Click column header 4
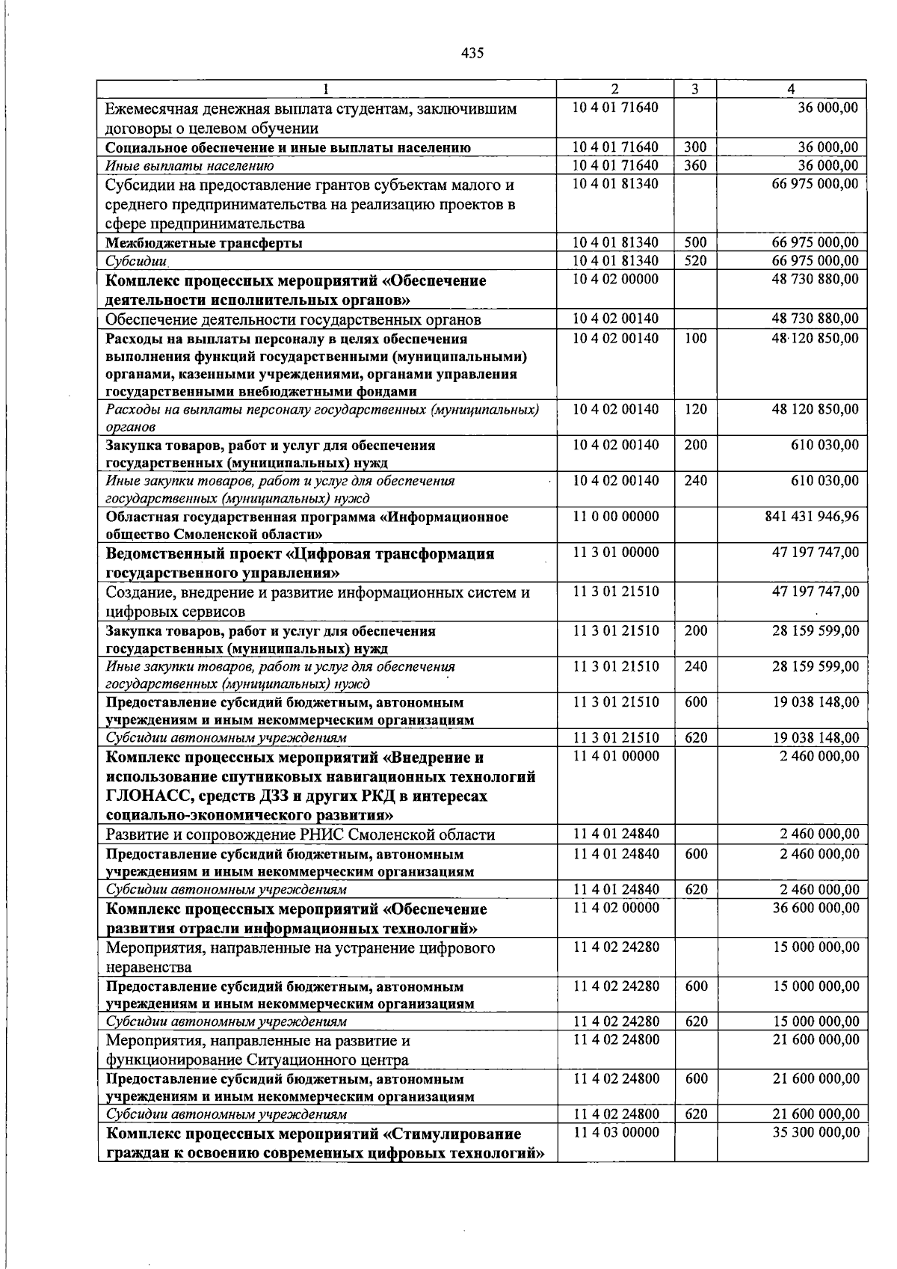click(x=791, y=89)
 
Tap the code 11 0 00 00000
click(x=616, y=517)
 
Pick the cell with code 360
click(x=695, y=166)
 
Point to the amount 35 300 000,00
click(x=816, y=1133)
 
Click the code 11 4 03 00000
click(x=616, y=1133)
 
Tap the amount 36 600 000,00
click(x=816, y=909)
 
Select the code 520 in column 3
click(x=695, y=261)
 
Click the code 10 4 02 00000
click(x=616, y=280)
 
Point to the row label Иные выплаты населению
click(x=189, y=166)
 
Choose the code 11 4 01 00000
click(x=616, y=756)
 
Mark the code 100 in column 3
click(x=695, y=339)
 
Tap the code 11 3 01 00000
click(x=616, y=553)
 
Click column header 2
click(x=614, y=89)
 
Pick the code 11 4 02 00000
click(x=616, y=909)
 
